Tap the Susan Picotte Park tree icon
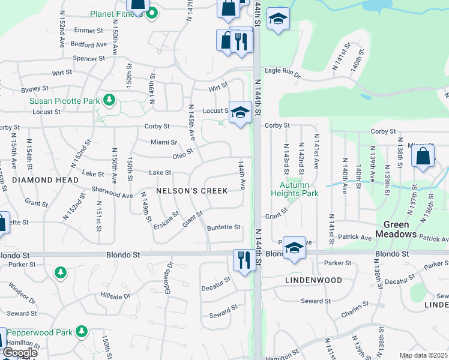tap(109, 100)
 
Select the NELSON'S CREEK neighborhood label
tap(191, 191)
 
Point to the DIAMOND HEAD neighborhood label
tap(45, 180)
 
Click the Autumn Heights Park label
tap(295, 189)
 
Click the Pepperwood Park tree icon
tap(81, 331)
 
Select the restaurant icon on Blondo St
tap(244, 259)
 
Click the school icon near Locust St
tap(240, 112)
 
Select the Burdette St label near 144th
tap(223, 227)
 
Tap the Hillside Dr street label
tap(115, 296)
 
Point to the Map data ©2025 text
tap(423, 355)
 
